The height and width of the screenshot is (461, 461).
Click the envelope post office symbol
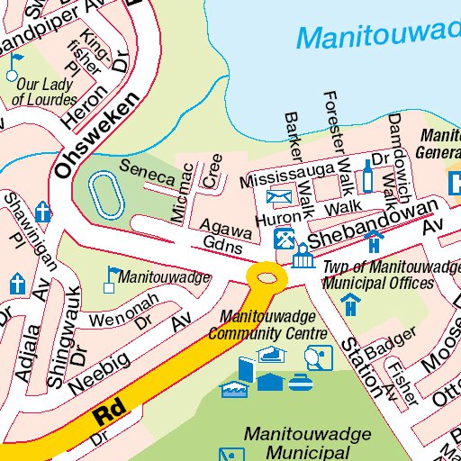pyautogui.click(x=279, y=196)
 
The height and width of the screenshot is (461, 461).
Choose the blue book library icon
pyautogui.click(x=247, y=369)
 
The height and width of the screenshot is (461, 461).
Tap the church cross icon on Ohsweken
pyautogui.click(x=42, y=213)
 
